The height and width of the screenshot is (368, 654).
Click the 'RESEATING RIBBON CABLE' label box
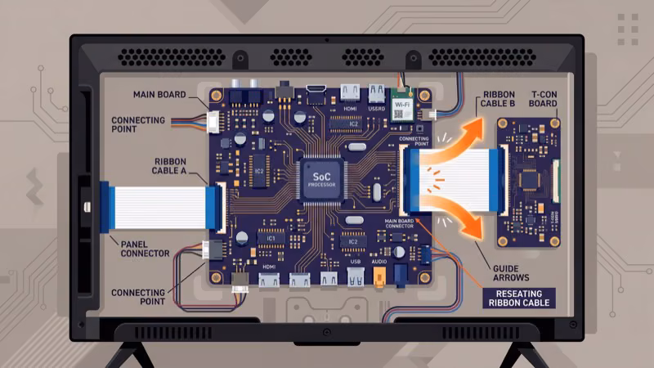click(520, 298)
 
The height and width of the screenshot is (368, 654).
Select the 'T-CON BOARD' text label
click(544, 99)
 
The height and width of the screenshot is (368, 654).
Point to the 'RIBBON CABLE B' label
click(498, 99)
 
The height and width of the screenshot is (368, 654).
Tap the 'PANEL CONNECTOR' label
click(145, 248)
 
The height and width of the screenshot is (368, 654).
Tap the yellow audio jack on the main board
click(379, 276)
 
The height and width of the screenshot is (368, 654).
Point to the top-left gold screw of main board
click(217, 96)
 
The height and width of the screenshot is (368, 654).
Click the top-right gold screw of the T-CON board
click(555, 123)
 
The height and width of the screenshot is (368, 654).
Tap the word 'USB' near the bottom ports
click(355, 262)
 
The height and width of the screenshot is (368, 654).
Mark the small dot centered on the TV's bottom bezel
click(326, 333)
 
